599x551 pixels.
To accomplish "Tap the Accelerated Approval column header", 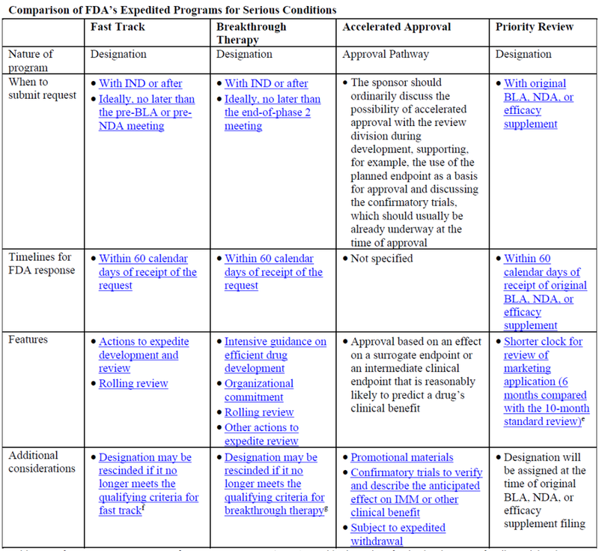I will pyautogui.click(x=396, y=27).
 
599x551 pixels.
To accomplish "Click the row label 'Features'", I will pyautogui.click(x=29, y=340).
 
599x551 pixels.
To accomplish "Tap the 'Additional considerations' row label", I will pyautogui.click(x=41, y=463).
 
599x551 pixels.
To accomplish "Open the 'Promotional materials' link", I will pyautogui.click(x=402, y=457).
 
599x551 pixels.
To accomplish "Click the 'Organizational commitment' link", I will pyautogui.click(x=259, y=391).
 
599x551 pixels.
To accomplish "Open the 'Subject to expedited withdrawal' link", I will pyautogui.click(x=398, y=535).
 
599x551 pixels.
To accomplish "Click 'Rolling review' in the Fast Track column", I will pyautogui.click(x=133, y=384).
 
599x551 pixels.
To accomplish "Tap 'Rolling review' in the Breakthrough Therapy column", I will pyautogui.click(x=259, y=412).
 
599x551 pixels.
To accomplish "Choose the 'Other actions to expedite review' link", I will pyautogui.click(x=261, y=435).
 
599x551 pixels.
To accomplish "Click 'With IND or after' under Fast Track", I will pyautogui.click(x=140, y=83).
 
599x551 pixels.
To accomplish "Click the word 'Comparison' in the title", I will pyautogui.click(x=37, y=9).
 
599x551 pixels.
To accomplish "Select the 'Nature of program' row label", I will pyautogui.click(x=32, y=61).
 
